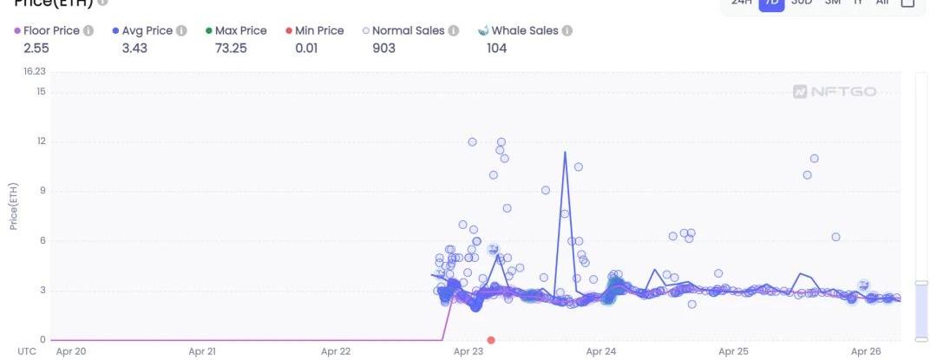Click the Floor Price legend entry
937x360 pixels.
(x=54, y=30)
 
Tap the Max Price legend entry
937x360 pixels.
(x=236, y=30)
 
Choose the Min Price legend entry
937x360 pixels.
(x=315, y=30)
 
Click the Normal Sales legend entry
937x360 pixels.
(x=403, y=30)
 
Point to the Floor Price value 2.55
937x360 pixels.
(x=36, y=48)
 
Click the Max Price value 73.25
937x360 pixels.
(x=231, y=48)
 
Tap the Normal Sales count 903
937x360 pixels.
(x=383, y=48)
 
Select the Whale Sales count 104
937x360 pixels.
(x=497, y=48)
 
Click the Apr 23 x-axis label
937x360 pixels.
(x=468, y=351)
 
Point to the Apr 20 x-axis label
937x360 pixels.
(x=70, y=351)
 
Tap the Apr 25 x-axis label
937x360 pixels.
(x=733, y=351)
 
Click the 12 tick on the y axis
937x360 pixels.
(x=41, y=141)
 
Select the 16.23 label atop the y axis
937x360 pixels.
(x=35, y=72)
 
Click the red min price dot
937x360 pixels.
(x=491, y=340)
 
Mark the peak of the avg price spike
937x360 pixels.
(x=565, y=153)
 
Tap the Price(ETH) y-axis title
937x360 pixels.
(x=14, y=206)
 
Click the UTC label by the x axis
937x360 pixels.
(x=27, y=351)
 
